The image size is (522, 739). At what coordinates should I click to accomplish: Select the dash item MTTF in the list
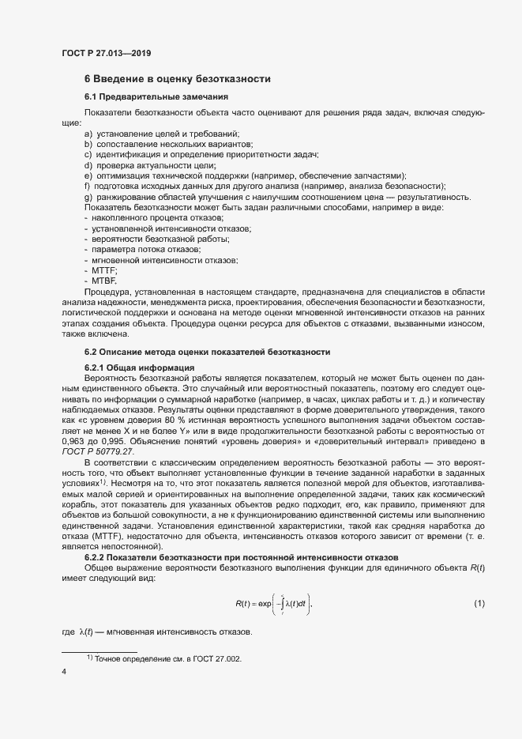(x=104, y=270)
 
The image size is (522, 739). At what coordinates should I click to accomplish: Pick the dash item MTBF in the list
(x=104, y=281)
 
